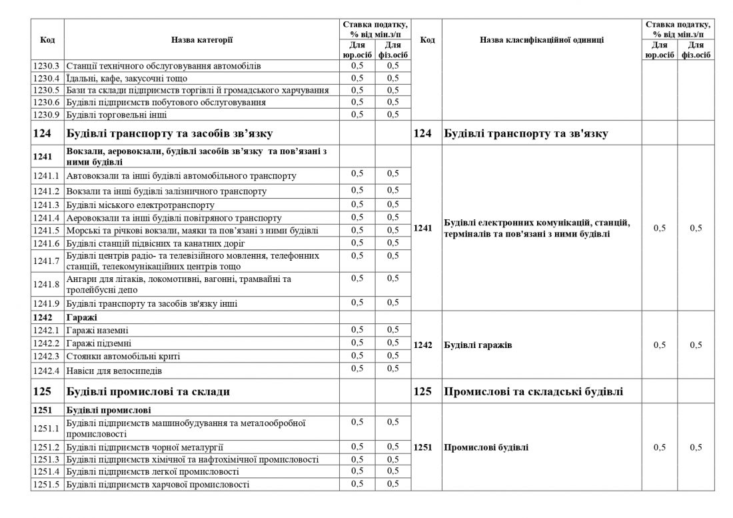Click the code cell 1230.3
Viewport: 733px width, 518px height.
(47, 66)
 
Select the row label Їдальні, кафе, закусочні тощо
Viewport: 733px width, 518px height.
(123, 78)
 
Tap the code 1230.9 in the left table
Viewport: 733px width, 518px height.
(47, 115)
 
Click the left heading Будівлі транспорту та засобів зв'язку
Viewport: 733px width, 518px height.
(170, 134)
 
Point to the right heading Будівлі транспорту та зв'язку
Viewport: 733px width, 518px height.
(525, 134)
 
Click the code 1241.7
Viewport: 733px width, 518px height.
(47, 261)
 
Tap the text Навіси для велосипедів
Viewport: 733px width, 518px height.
(114, 369)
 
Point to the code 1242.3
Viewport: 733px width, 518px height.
(47, 356)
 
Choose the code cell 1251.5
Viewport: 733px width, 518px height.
(47, 484)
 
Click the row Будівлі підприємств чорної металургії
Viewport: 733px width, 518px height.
(145, 447)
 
